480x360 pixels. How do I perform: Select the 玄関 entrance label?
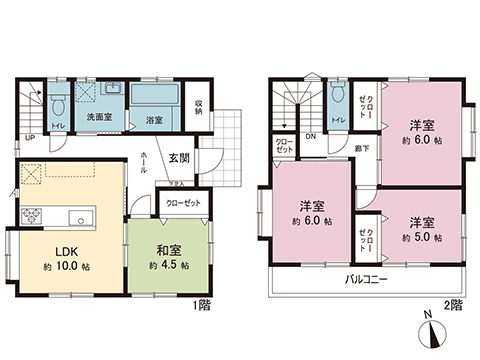tap(180, 158)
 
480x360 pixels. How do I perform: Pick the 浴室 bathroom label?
tap(154, 120)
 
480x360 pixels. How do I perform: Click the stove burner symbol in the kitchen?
tap(31, 215)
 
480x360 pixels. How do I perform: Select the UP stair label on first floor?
tap(30, 137)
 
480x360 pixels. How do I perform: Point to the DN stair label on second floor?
tap(311, 137)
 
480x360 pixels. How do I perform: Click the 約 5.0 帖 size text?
tap(421, 235)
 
